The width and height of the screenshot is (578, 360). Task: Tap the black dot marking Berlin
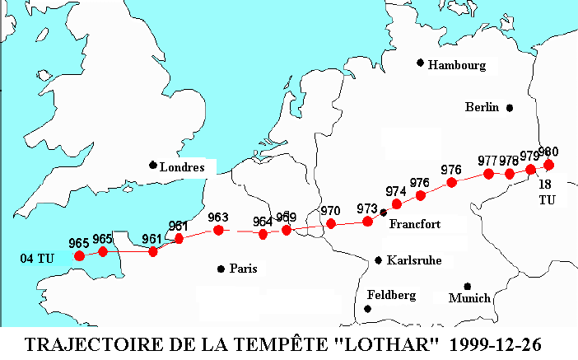510,108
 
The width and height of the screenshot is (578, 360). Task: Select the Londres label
182,167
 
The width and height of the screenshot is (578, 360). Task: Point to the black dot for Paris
221,269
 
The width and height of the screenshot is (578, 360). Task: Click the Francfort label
414,224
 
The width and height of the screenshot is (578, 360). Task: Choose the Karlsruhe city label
415,260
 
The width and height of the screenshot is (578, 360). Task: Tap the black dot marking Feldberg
367,309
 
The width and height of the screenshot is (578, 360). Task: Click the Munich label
469,297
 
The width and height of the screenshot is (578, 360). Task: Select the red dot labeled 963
218,230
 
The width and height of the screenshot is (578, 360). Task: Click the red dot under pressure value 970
331,223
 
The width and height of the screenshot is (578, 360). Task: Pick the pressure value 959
287,217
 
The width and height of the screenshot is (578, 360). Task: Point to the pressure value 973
366,208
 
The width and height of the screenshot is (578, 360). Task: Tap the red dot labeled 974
397,203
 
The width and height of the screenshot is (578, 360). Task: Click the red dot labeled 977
488,174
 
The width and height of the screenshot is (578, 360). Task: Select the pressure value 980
548,152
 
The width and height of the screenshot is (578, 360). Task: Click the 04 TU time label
37,259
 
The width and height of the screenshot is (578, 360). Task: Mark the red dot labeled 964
263,234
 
